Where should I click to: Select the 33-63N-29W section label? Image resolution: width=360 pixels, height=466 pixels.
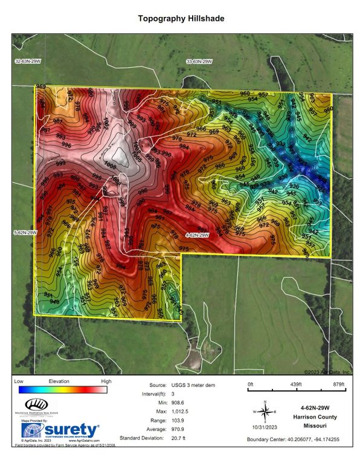coord(199,62)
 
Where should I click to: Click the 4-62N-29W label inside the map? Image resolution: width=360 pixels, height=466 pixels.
coord(197,235)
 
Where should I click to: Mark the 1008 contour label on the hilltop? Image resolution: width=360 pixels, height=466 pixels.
coord(110,164)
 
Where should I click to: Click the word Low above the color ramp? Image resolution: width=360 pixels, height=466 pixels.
coord(18,382)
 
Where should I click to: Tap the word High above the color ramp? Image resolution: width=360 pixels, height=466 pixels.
coord(106,382)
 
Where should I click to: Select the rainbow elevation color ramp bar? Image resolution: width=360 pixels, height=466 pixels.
coord(62,390)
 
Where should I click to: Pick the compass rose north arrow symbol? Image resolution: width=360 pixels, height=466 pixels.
coord(264,412)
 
